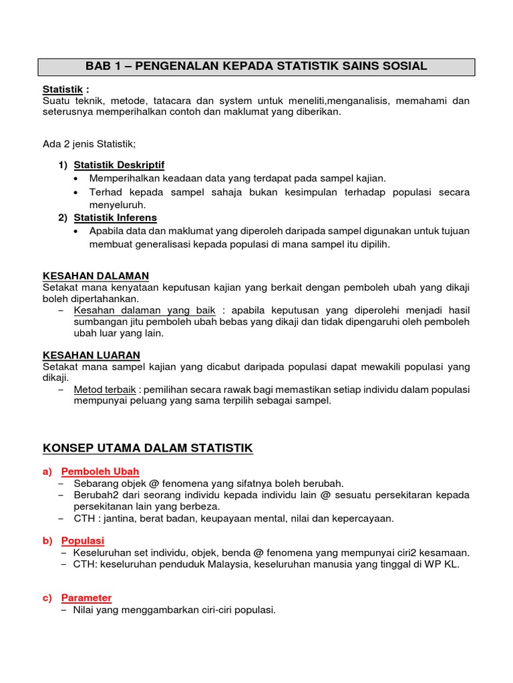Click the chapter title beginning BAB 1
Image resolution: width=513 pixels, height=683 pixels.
(x=256, y=66)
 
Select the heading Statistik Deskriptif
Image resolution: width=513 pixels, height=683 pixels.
(x=119, y=164)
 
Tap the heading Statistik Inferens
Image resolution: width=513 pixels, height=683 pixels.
(x=115, y=217)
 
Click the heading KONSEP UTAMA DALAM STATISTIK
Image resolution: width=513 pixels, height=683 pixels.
(x=148, y=448)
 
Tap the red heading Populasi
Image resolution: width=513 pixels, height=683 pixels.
(x=83, y=540)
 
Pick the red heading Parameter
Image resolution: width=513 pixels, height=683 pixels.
(x=86, y=598)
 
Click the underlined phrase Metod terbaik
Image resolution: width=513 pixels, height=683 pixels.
(x=105, y=390)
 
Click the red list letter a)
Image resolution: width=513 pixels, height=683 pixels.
(x=47, y=471)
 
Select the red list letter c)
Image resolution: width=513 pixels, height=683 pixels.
(x=47, y=598)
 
